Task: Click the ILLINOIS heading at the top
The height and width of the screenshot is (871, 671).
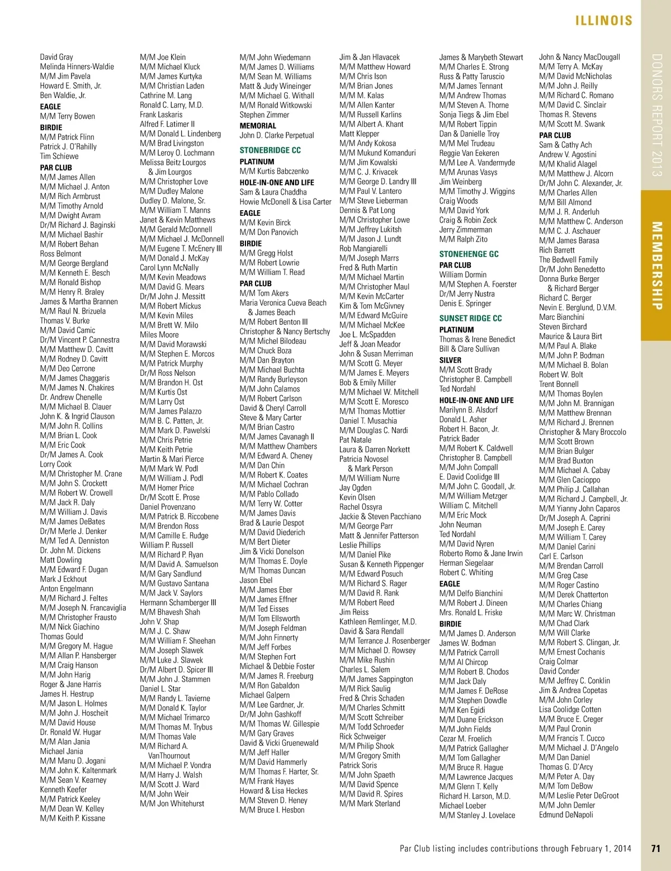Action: tap(604, 21)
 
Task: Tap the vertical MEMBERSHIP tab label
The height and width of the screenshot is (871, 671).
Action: tap(657, 266)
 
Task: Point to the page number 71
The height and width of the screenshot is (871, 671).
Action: tap(656, 848)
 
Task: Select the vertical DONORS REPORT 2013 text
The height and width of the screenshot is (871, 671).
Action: tap(657, 115)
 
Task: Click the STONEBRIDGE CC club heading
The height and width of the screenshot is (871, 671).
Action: tap(270, 150)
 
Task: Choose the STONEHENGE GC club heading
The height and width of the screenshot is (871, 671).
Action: tap(469, 254)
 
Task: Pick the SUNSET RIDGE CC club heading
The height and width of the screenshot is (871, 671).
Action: tap(470, 318)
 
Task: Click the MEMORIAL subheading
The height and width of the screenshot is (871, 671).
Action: tap(258, 126)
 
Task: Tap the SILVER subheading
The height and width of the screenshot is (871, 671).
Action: tap(450, 360)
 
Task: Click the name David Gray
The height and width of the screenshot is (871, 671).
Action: tap(56, 57)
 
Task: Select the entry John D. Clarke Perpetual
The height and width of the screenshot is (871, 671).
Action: tap(277, 135)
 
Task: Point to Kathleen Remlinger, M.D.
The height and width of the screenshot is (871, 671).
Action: tap(378, 622)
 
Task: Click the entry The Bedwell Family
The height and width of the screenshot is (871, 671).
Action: tap(568, 259)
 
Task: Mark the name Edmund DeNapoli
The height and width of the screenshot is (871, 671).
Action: tap(566, 815)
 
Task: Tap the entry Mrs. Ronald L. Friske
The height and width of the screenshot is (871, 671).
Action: tap(471, 612)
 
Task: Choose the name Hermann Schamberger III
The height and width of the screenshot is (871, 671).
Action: tap(178, 603)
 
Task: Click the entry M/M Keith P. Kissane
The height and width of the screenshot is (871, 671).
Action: tap(73, 818)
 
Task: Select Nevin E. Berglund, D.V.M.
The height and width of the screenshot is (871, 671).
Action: tap(578, 307)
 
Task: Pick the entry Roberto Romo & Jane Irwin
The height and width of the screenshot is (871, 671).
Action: tap(481, 553)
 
